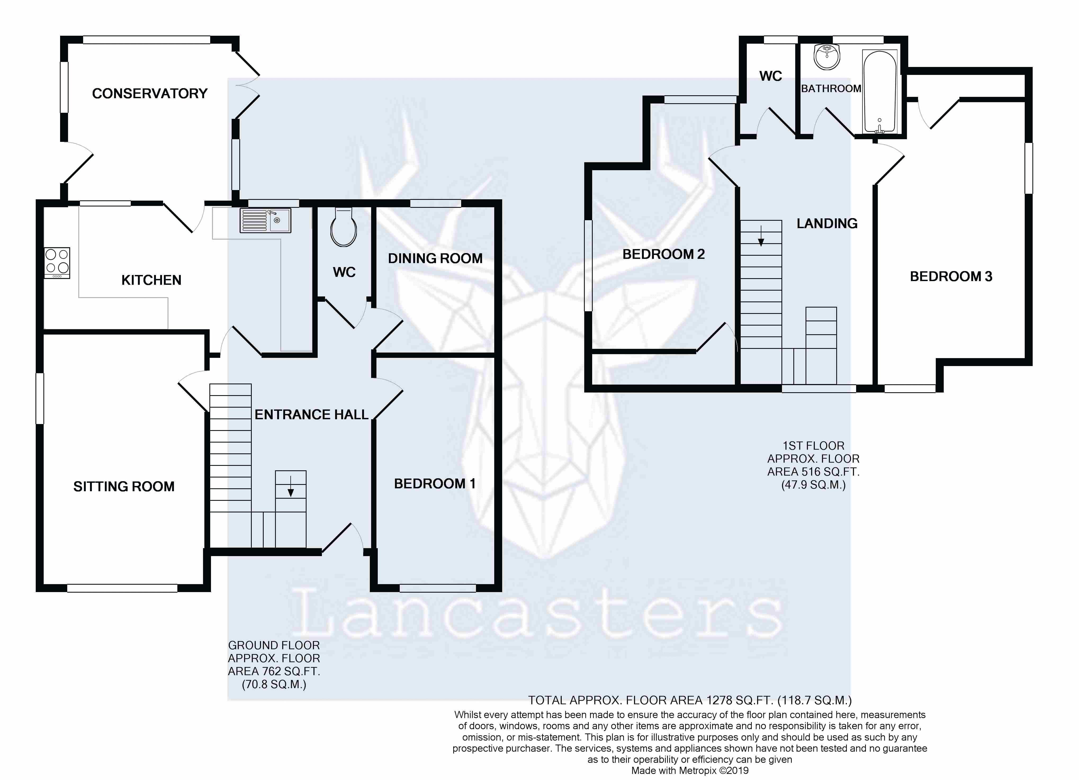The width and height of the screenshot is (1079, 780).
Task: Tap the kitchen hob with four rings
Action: (57, 263)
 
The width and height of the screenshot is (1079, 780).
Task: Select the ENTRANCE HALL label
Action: (312, 415)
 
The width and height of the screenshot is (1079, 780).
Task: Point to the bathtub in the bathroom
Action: (880, 92)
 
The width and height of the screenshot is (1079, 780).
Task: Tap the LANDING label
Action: (827, 224)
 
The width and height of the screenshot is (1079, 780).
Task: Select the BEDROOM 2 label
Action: (664, 254)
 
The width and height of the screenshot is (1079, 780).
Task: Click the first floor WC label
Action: (771, 76)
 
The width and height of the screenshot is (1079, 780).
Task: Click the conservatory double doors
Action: (248, 85)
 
